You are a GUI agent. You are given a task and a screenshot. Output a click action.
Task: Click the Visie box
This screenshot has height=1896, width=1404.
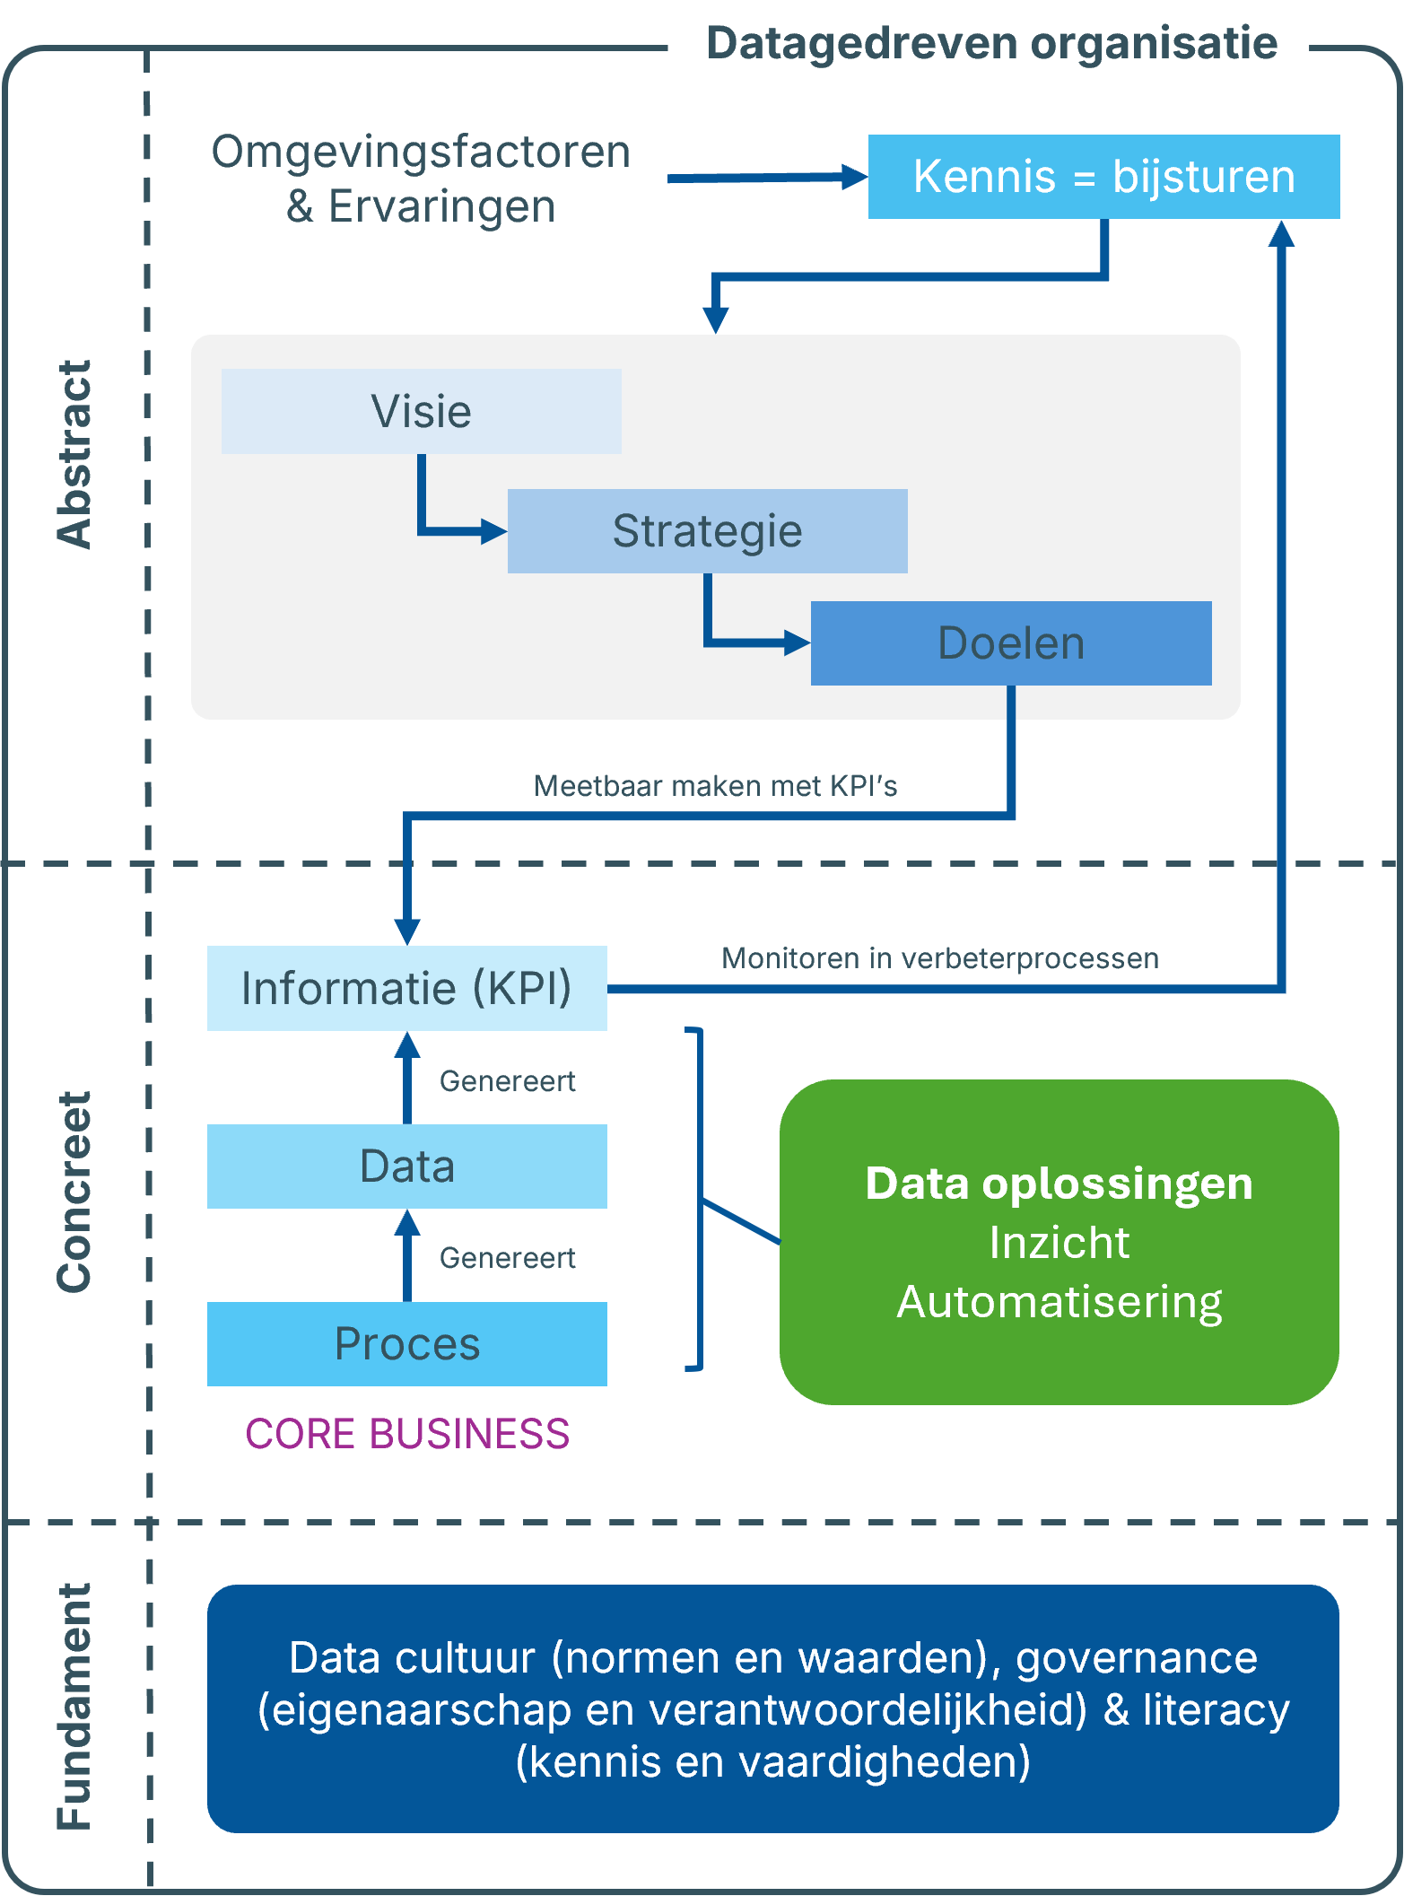(421, 412)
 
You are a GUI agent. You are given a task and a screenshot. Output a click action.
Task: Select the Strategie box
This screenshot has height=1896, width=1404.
(707, 531)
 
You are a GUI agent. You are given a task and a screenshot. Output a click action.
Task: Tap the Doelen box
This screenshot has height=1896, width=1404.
(1011, 643)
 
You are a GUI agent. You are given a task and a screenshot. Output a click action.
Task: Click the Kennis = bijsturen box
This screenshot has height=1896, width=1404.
(1103, 177)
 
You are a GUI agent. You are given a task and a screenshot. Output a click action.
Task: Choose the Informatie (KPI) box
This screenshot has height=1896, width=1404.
(406, 988)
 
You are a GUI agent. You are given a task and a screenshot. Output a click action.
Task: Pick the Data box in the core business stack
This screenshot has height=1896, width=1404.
(406, 1166)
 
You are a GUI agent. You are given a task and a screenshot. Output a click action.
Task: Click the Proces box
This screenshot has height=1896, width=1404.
(406, 1344)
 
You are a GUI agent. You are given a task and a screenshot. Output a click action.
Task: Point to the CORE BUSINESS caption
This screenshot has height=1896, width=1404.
(407, 1434)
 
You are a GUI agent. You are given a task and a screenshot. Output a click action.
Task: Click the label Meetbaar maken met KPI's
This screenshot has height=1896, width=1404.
(715, 786)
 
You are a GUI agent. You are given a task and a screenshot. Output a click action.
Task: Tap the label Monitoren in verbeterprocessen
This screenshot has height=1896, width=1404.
(939, 958)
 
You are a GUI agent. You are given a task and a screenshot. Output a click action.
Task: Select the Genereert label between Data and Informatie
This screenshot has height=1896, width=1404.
(507, 1081)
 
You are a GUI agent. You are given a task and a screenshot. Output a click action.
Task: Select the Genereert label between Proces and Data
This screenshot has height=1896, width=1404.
(507, 1258)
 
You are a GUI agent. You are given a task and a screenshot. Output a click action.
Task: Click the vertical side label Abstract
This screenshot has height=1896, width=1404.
(74, 454)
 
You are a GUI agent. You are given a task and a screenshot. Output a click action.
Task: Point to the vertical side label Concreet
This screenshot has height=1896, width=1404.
(74, 1192)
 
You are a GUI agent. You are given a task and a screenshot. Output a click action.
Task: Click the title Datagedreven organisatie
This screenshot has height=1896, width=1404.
(991, 43)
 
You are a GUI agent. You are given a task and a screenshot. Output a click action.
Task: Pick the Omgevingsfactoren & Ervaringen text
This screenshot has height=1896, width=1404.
(421, 179)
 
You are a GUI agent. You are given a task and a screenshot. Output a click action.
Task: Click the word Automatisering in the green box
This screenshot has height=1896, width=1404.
(1060, 1302)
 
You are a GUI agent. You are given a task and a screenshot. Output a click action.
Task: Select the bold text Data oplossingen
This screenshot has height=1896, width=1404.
(1059, 1184)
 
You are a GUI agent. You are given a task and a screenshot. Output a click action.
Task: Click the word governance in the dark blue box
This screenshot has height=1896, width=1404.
(1136, 1658)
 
